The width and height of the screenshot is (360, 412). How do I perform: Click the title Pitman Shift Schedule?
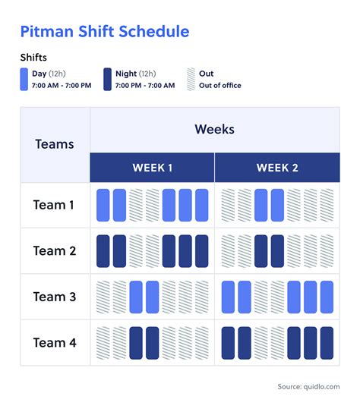[104, 32]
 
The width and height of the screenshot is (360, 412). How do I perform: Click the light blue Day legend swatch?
[24, 79]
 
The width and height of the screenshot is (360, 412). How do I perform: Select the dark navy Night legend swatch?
[108, 79]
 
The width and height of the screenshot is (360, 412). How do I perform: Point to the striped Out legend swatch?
[191, 79]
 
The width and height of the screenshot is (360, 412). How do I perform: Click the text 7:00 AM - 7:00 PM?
[62, 86]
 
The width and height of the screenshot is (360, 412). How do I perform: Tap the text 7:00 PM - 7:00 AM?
[145, 86]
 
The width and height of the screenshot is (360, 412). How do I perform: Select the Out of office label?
[220, 86]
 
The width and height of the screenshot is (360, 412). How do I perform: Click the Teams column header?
[55, 144]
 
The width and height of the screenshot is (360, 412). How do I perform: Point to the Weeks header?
[214, 129]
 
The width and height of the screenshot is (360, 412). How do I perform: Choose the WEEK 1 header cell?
[152, 168]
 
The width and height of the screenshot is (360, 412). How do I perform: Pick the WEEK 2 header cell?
[277, 168]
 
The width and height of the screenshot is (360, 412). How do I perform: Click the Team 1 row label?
[54, 205]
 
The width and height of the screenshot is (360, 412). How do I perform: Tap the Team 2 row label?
[54, 251]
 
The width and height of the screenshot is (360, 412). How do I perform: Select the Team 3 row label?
[54, 297]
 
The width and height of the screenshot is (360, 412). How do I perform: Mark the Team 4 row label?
[54, 343]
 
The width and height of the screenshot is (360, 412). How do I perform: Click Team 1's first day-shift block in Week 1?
[103, 205]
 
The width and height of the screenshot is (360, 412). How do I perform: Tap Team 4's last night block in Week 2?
[327, 343]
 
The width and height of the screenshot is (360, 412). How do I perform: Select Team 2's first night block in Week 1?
[103, 251]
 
